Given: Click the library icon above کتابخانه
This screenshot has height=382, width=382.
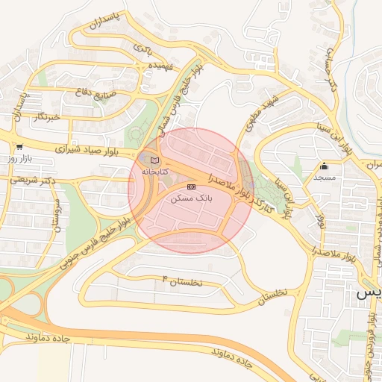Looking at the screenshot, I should [x=154, y=160].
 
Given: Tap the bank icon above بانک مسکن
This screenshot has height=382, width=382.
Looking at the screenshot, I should [x=191, y=187].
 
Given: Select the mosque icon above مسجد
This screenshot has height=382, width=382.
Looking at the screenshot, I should [x=324, y=166].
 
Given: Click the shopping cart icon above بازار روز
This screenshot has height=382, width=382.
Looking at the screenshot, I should [x=18, y=148].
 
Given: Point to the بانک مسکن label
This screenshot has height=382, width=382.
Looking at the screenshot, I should [x=192, y=198].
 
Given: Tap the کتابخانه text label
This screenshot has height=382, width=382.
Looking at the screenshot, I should [x=155, y=172].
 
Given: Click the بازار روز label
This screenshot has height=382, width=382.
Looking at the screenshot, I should [x=18, y=159].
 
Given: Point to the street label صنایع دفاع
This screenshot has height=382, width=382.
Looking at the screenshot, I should [x=93, y=93].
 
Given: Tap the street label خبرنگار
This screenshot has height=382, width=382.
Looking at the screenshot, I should [x=46, y=117].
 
